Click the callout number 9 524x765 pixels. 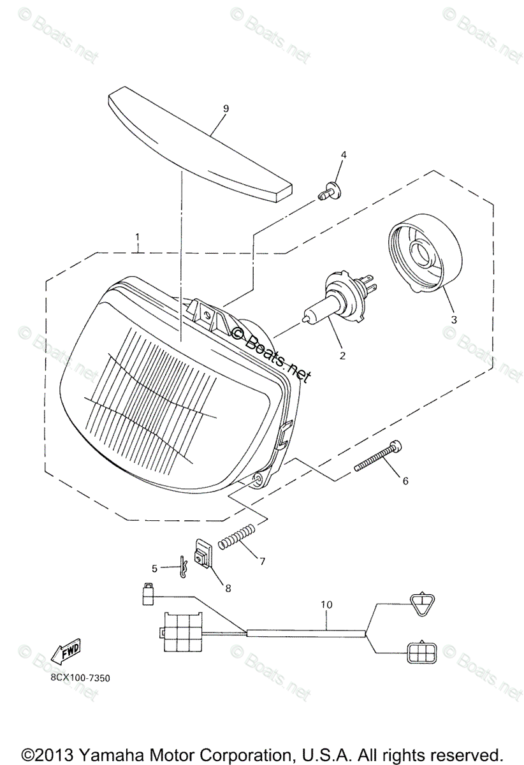pyautogui.click(x=208, y=108)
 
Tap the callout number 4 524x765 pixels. pyautogui.click(x=343, y=155)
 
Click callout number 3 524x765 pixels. pyautogui.click(x=453, y=319)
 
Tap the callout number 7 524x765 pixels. pyautogui.click(x=261, y=561)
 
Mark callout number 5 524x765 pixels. pyautogui.click(x=154, y=567)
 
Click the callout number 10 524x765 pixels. pyautogui.click(x=326, y=603)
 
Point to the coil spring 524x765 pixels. pyautogui.click(x=238, y=535)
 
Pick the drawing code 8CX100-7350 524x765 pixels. pyautogui.click(x=80, y=678)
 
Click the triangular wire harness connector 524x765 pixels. pyautogui.click(x=422, y=603)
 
